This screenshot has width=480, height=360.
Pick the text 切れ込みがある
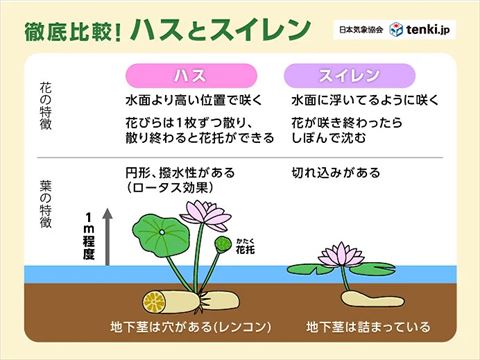pyautogui.click(x=336, y=172)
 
